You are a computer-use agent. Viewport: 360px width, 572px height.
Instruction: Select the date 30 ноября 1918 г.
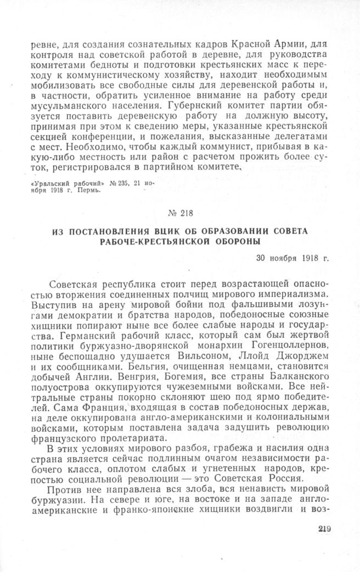(292, 258)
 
